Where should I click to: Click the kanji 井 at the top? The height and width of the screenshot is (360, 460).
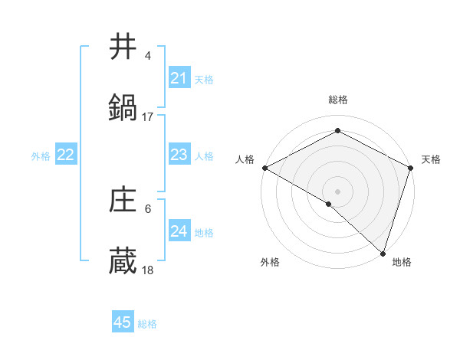[123, 47]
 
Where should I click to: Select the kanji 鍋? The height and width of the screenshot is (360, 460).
[123, 108]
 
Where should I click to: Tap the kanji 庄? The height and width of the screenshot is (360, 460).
[123, 200]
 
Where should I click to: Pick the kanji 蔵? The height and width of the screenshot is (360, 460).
[123, 261]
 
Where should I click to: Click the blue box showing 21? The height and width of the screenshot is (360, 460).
[179, 78]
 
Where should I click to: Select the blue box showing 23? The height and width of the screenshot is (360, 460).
[179, 155]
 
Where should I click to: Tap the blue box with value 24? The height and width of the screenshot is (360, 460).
[179, 231]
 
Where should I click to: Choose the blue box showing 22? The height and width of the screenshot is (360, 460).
[65, 155]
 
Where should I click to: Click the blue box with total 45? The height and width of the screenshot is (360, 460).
[123, 322]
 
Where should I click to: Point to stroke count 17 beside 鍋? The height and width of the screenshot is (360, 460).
[148, 117]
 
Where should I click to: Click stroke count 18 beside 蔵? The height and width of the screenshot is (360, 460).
[148, 270]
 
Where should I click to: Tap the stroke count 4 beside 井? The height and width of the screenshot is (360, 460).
[148, 56]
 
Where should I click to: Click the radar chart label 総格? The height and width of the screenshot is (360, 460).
[338, 100]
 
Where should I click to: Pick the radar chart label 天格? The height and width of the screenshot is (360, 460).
[431, 159]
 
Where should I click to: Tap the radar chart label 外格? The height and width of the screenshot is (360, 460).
[270, 263]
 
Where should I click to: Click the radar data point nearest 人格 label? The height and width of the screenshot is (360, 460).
[264, 168]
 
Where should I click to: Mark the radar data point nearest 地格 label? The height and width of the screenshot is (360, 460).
[383, 253]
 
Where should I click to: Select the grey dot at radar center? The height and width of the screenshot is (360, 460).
[337, 191]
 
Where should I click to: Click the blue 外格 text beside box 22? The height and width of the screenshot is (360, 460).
[41, 155]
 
